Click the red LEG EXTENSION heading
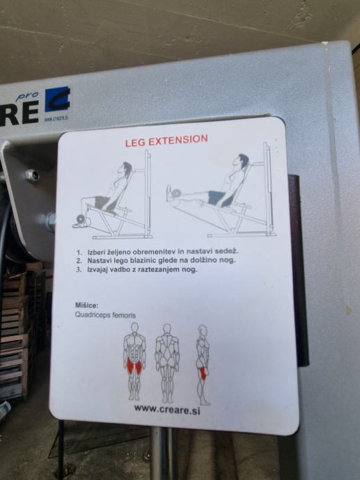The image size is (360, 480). pos(166,141)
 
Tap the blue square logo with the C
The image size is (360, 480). pos(57,99)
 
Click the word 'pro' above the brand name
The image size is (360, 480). pos(27,97)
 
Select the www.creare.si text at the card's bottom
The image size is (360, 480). pos(167,409)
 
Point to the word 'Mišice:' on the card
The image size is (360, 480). pos(87,305)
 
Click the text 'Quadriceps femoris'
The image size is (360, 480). pos(105,314)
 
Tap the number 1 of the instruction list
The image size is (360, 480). pos(79,253)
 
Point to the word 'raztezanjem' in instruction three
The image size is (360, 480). pos(159,270)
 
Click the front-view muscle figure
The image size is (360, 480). pos(134,361)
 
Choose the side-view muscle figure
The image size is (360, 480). pos(203,365)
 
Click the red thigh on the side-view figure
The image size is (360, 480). pos(203,374)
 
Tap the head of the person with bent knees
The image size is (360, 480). pos(125,170)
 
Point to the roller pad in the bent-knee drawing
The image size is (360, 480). pos(81,218)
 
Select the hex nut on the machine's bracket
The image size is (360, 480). pos(33,175)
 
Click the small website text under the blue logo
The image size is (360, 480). pos(56,119)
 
